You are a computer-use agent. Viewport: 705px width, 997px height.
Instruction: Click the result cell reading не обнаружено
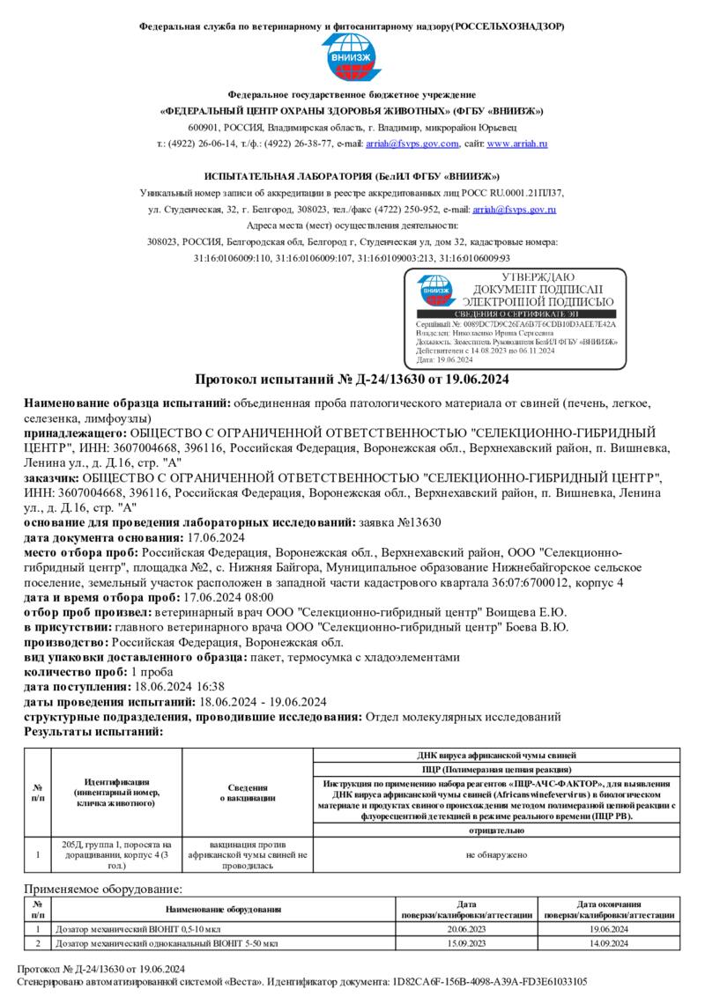pyautogui.click(x=497, y=854)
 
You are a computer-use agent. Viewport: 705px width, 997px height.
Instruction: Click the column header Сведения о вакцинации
pyautogui.click(x=248, y=792)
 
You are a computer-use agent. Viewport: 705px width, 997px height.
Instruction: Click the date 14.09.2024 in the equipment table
pyautogui.click(x=608, y=943)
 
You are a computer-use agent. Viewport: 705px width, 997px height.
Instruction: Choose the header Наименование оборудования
pyautogui.click(x=223, y=910)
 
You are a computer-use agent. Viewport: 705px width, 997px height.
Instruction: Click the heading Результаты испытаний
pyautogui.click(x=93, y=731)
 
